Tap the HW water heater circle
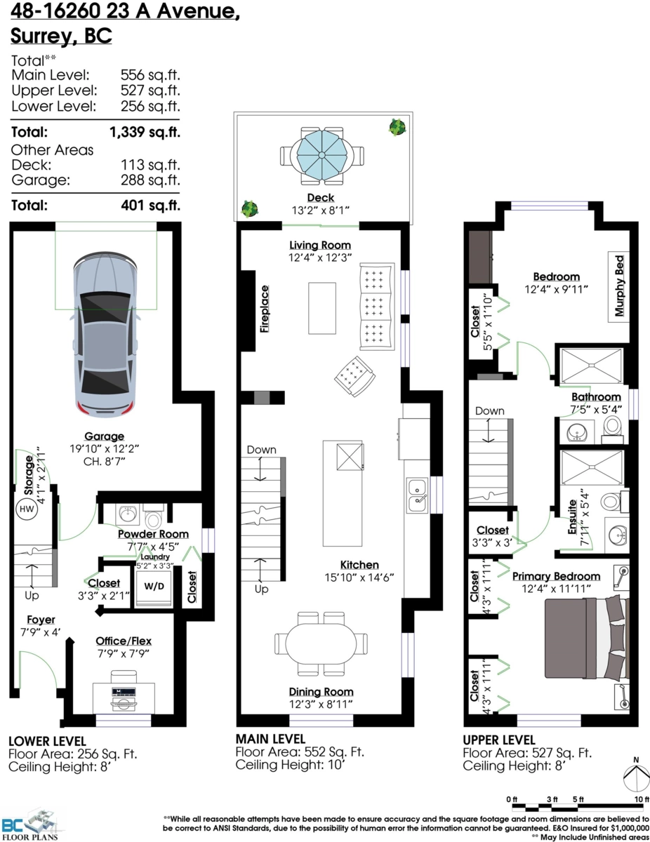pyautogui.click(x=27, y=509)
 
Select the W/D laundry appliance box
pyautogui.click(x=154, y=587)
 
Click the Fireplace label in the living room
pyautogui.click(x=265, y=309)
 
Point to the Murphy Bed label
pyautogui.click(x=619, y=286)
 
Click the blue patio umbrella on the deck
pyautogui.click(x=321, y=155)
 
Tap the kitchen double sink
pyautogui.click(x=417, y=495)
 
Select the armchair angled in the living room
pyautogui.click(x=354, y=376)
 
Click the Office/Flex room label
pyautogui.click(x=124, y=641)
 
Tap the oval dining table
pyautogui.click(x=321, y=643)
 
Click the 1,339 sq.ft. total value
pyautogui.click(x=145, y=132)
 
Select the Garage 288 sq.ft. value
pyautogui.click(x=150, y=180)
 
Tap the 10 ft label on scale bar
pyautogui.click(x=642, y=799)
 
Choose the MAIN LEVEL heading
pyautogui.click(x=270, y=739)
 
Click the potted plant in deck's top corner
pyautogui.click(x=397, y=127)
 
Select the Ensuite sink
pyautogui.click(x=616, y=535)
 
